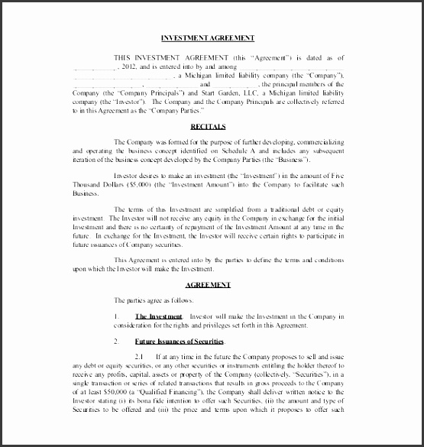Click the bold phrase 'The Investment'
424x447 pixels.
[x=159, y=316]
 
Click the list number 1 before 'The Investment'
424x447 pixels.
[x=115, y=316]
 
